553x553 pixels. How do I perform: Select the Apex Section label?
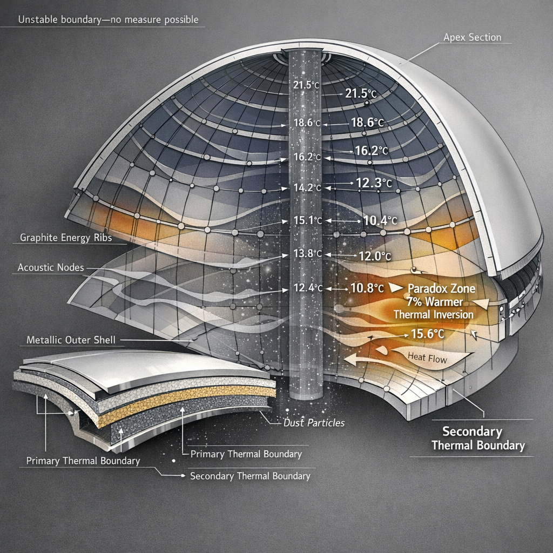point(472,37)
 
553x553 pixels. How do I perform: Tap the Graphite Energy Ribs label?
point(62,237)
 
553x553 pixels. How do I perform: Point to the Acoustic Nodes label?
point(50,267)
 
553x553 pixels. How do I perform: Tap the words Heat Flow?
point(427,358)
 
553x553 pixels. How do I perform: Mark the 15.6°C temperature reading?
point(428,334)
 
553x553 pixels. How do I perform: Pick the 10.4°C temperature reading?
point(380,220)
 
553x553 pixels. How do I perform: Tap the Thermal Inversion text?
point(433,314)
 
